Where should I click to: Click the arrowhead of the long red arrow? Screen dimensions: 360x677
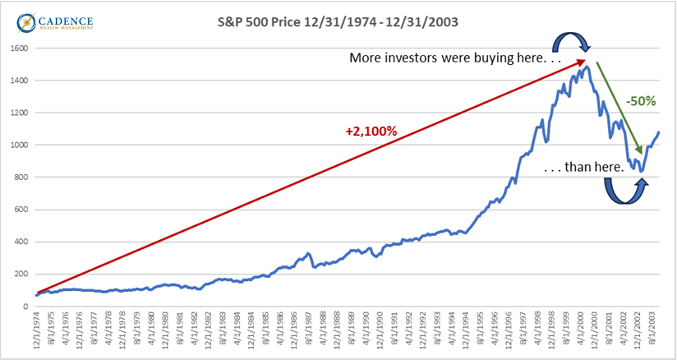coord(583,62)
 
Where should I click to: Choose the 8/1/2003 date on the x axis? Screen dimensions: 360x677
coord(656,332)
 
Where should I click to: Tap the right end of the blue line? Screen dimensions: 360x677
coord(659,132)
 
